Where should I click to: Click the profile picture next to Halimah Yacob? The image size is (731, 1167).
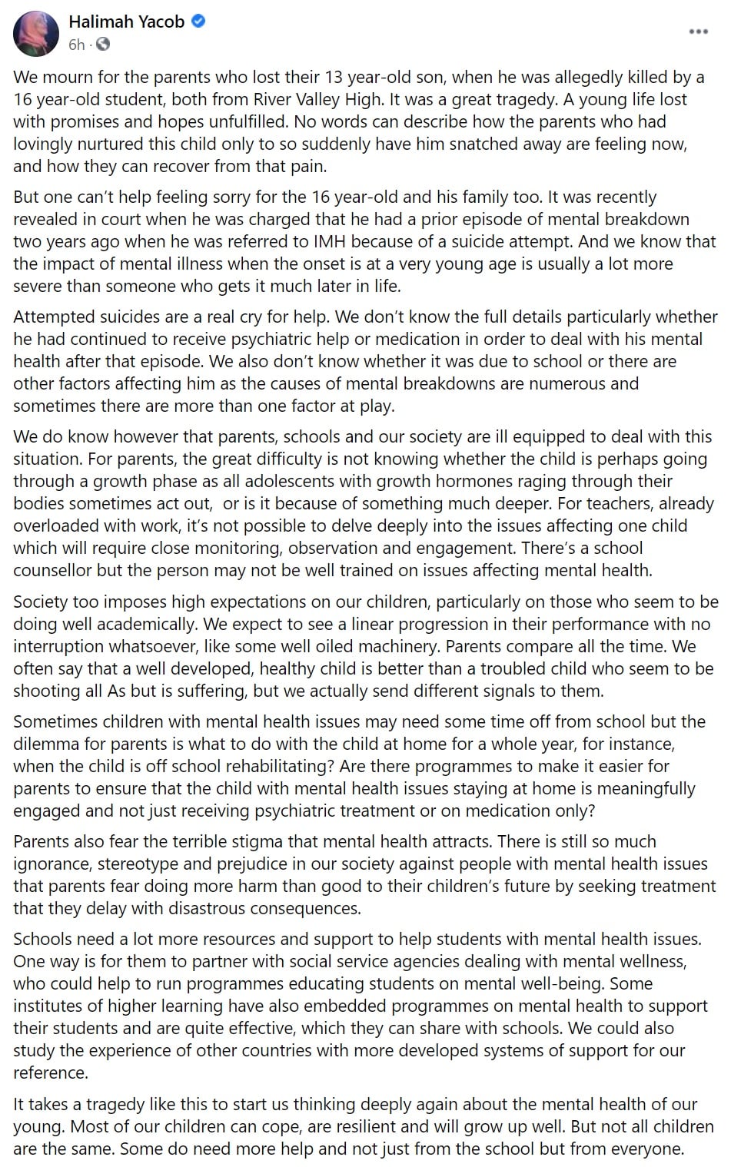35,34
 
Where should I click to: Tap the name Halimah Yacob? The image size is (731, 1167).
126,22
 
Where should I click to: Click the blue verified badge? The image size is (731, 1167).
198,22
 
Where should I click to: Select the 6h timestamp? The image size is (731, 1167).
76,45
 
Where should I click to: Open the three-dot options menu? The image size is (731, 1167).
698,31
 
